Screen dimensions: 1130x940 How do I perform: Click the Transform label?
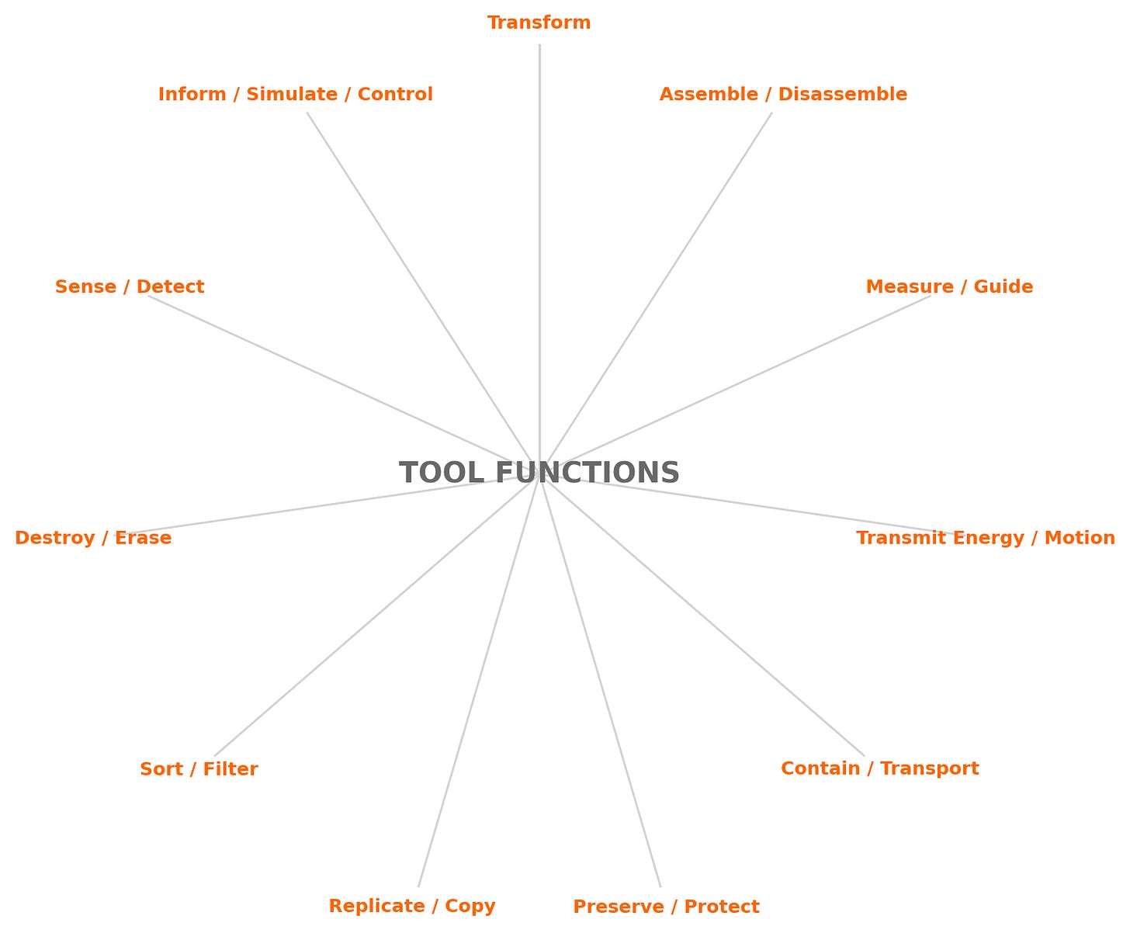(539, 23)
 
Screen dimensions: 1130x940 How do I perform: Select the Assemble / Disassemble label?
(783, 95)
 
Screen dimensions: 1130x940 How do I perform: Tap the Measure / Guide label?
(949, 287)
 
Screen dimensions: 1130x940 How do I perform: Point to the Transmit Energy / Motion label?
(986, 538)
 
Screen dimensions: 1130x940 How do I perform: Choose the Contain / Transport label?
(879, 768)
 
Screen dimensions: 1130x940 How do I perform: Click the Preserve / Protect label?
(666, 907)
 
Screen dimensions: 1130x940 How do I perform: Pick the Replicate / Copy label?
(412, 906)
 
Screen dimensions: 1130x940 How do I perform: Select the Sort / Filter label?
(199, 769)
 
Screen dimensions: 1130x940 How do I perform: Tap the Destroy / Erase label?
(93, 538)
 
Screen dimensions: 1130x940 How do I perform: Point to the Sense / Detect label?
(130, 287)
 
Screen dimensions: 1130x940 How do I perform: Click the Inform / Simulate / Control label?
(296, 95)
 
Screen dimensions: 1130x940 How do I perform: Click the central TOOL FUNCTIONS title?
(539, 473)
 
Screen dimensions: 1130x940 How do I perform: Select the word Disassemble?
(842, 95)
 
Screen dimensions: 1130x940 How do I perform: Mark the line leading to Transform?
(539, 233)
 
